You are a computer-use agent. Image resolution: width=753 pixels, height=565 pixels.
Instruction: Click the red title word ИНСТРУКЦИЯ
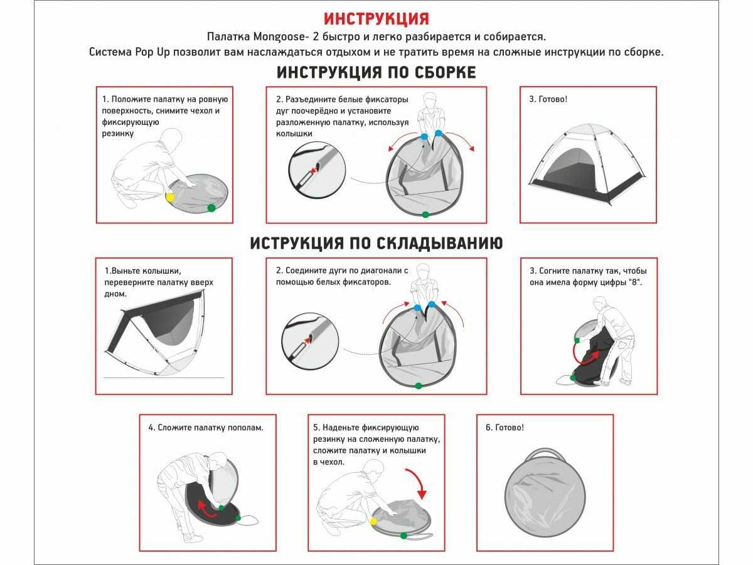point(376,19)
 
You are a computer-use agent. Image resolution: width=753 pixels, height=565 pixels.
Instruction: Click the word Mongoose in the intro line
point(279,36)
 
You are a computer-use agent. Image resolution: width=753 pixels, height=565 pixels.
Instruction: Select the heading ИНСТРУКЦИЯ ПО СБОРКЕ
point(376,72)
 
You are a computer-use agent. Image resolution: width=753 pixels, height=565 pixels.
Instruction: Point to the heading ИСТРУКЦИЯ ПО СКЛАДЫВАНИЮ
point(376,243)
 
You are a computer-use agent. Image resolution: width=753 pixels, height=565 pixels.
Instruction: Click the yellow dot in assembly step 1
point(170,198)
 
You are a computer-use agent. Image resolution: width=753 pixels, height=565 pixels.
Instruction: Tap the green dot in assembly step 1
point(211,208)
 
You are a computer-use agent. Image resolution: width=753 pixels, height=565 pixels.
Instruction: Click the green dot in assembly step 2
point(425,215)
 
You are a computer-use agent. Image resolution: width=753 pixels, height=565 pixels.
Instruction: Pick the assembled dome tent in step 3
point(587,164)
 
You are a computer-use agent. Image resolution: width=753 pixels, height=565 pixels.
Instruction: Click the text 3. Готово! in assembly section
point(548,99)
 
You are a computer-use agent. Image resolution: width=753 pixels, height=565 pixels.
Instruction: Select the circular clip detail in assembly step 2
point(317,170)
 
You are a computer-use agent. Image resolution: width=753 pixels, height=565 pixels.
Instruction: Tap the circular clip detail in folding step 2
point(310,341)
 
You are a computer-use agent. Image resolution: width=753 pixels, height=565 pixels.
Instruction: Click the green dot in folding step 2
point(418,386)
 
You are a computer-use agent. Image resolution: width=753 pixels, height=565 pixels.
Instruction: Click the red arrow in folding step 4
point(206,511)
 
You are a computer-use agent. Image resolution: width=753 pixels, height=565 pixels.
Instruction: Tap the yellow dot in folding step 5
point(373,522)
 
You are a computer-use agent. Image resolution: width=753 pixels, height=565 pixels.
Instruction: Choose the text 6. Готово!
point(505,428)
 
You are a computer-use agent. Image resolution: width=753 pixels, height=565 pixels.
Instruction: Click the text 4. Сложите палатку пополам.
point(206,428)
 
